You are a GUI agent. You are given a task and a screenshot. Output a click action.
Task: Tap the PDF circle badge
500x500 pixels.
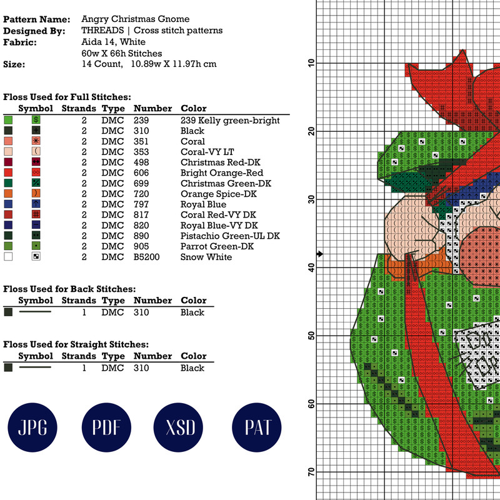[107, 427]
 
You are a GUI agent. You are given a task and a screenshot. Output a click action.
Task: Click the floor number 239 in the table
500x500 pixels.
[141, 121]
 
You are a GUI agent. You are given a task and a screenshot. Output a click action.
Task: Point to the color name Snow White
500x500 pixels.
[206, 257]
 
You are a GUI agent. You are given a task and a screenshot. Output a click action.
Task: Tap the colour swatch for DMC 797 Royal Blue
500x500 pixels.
[8, 204]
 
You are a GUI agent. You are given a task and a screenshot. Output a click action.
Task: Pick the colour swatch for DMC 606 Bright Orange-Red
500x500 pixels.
[8, 172]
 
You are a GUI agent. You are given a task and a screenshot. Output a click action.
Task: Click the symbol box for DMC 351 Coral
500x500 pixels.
[36, 141]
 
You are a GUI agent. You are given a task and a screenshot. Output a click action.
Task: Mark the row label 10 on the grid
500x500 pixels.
[310, 63]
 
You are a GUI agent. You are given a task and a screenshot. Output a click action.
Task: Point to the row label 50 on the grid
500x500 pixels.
[310, 336]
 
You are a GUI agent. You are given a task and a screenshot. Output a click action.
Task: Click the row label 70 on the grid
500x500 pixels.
[310, 472]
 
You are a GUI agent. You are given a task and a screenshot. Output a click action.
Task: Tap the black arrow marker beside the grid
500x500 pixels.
[320, 254]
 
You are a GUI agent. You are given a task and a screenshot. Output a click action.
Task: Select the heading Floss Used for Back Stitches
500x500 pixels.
[69, 289]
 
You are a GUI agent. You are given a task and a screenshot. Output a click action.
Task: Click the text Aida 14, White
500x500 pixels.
[113, 42]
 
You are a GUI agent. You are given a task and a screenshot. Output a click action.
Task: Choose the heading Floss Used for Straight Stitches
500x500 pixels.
[76, 344]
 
